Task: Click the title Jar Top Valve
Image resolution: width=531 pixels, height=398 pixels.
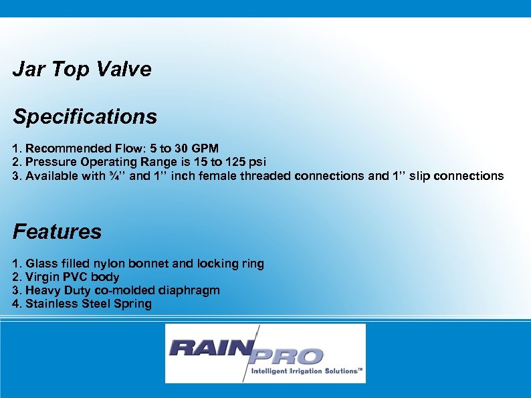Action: pyautogui.click(x=82, y=70)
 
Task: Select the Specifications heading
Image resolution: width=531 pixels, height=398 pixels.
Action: pyautogui.click(x=85, y=117)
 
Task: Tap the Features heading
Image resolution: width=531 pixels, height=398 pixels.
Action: pyautogui.click(x=57, y=232)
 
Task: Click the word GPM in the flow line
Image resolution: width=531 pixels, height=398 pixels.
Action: pyautogui.click(x=203, y=148)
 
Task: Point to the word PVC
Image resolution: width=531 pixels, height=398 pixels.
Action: pyautogui.click(x=75, y=277)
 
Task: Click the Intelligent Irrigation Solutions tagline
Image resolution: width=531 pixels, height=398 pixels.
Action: pyautogui.click(x=306, y=371)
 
